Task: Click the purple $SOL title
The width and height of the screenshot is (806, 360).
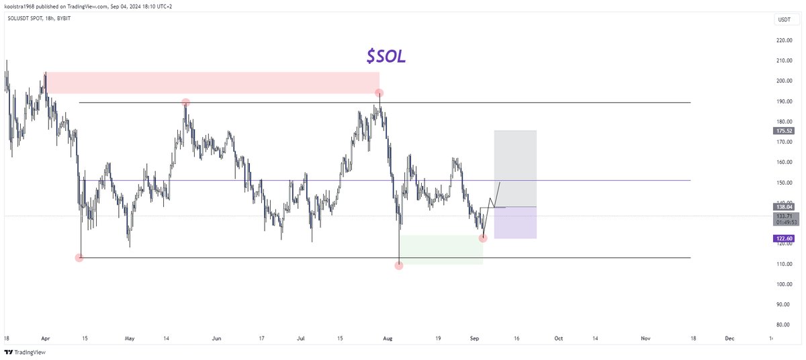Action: (386, 57)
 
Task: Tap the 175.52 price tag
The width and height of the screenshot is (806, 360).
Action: (783, 131)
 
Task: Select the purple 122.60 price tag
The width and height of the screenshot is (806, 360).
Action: (783, 238)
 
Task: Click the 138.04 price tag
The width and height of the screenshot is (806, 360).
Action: (783, 208)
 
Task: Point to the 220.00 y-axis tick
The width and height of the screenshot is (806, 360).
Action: (783, 40)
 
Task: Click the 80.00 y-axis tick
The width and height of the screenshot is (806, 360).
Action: (783, 324)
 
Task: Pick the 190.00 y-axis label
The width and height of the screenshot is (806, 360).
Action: (783, 101)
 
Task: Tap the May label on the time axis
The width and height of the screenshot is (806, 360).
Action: (130, 339)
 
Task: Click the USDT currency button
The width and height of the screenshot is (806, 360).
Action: (783, 21)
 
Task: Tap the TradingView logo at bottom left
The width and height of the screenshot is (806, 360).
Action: (21, 352)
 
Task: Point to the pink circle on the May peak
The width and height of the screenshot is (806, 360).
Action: (186, 102)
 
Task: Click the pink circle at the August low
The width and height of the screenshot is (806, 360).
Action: (399, 265)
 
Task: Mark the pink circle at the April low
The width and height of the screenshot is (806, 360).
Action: (79, 257)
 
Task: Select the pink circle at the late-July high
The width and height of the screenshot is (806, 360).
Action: (379, 93)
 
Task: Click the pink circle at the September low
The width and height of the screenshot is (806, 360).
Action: (483, 238)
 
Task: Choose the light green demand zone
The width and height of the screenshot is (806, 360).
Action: (441, 249)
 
